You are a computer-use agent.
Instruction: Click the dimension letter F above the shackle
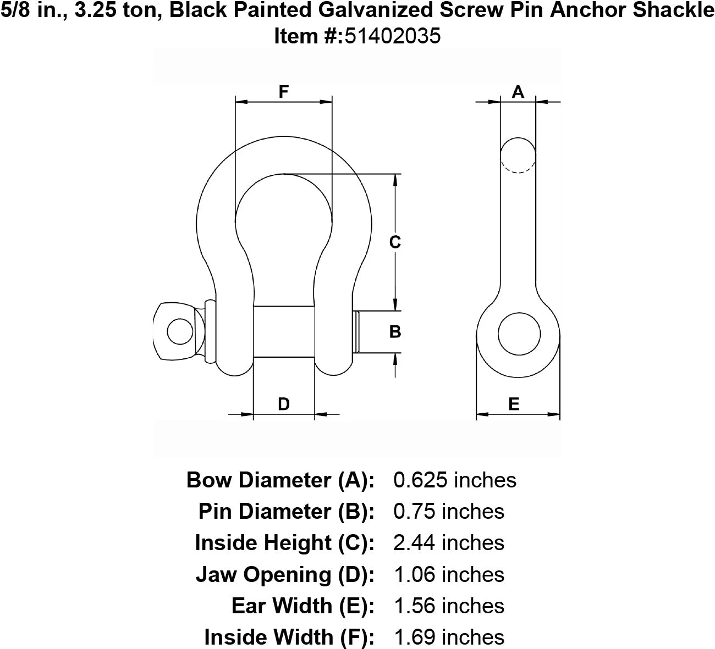click(x=283, y=92)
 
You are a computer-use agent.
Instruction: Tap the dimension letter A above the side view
click(x=518, y=92)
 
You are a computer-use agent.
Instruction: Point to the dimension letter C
click(x=395, y=242)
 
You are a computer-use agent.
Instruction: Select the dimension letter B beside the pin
click(x=395, y=331)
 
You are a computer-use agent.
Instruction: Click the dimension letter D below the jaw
click(x=284, y=404)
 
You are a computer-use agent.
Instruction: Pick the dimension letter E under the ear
click(x=514, y=404)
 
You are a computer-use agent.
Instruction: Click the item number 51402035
click(x=393, y=36)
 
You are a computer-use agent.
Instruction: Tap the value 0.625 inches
click(x=455, y=480)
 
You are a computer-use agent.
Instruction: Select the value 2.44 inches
click(x=449, y=542)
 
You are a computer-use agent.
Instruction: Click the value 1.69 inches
click(x=449, y=637)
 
